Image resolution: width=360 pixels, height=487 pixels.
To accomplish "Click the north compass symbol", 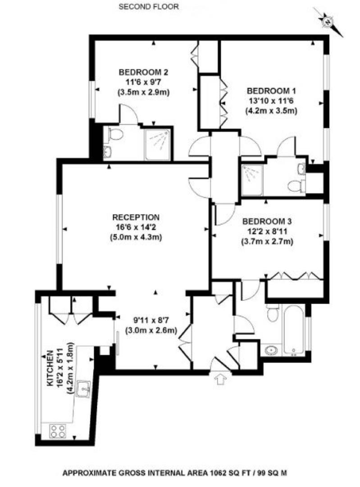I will (x=328, y=21).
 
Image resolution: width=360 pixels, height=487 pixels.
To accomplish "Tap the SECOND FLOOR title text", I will (x=149, y=6).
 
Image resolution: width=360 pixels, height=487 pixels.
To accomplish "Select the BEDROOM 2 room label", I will (x=144, y=72).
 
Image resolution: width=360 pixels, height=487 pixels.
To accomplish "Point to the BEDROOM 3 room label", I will (x=267, y=221).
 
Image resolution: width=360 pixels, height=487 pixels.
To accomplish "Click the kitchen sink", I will (x=83, y=388).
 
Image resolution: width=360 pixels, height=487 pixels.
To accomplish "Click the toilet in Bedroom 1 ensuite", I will (x=295, y=185).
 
